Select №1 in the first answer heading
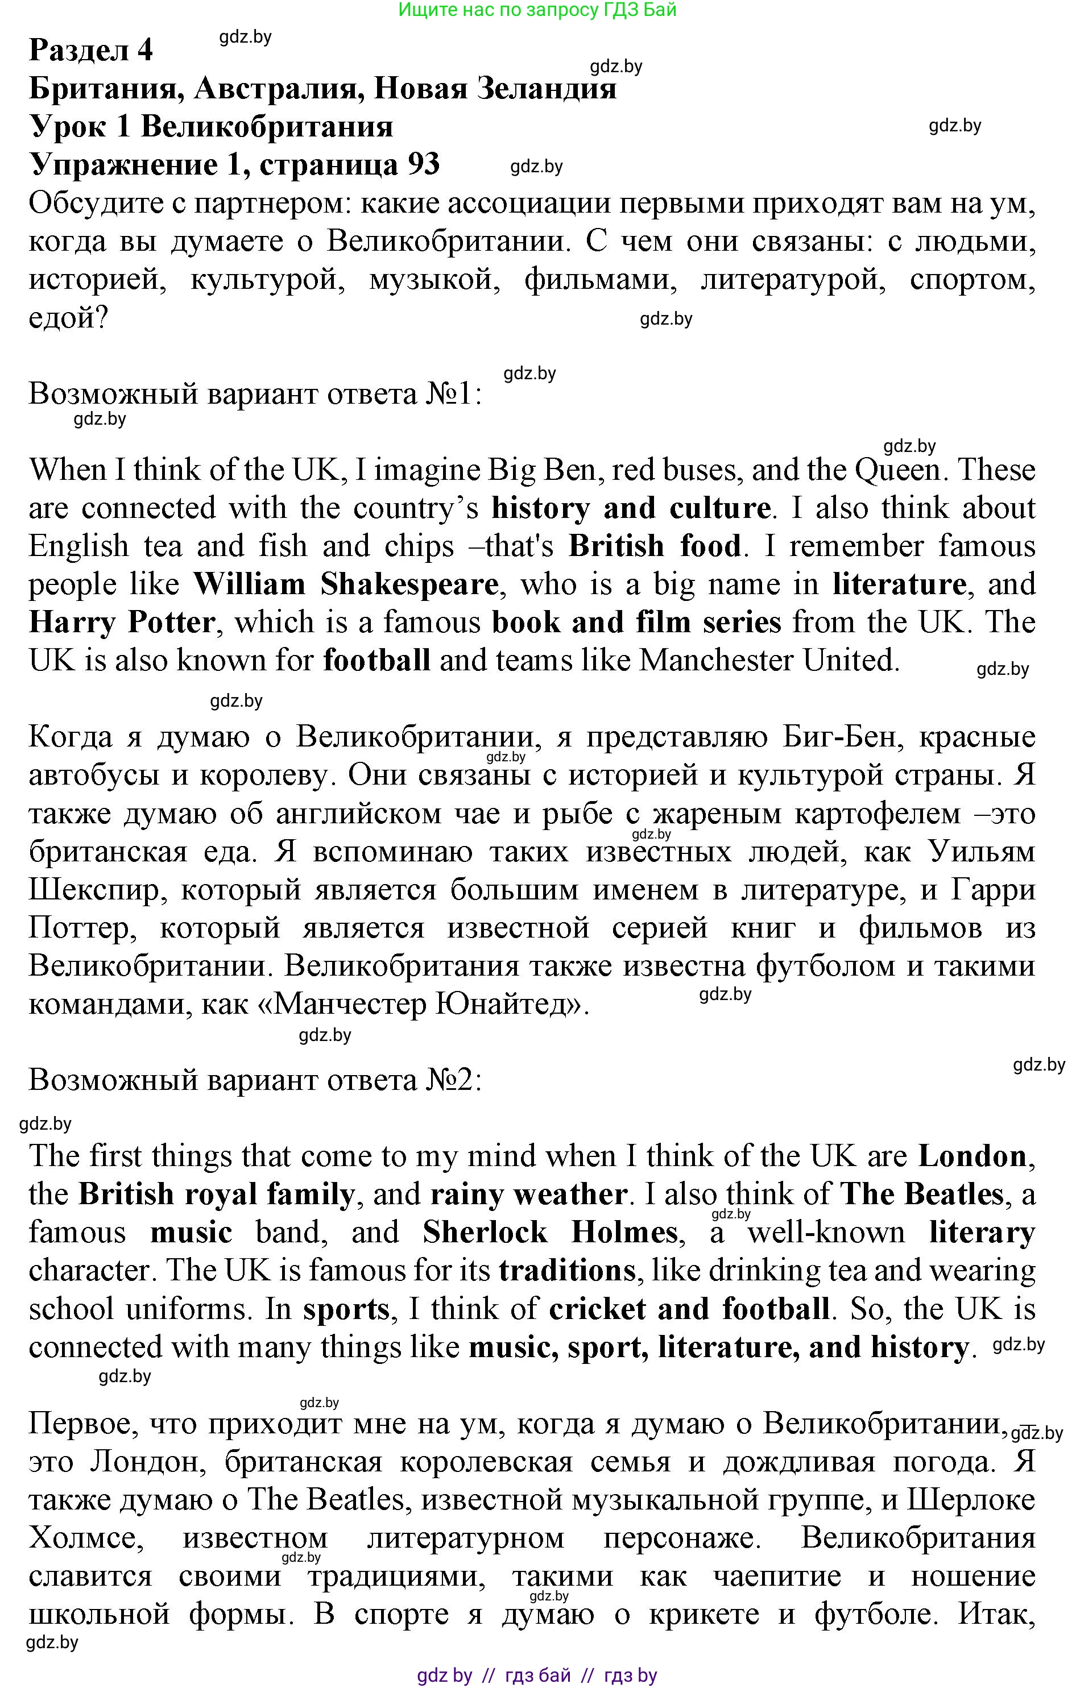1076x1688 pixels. [x=453, y=395]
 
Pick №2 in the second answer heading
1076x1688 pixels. [x=453, y=1080]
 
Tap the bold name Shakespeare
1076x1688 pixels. [x=409, y=584]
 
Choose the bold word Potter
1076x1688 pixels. [x=171, y=623]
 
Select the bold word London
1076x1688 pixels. [x=972, y=1156]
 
